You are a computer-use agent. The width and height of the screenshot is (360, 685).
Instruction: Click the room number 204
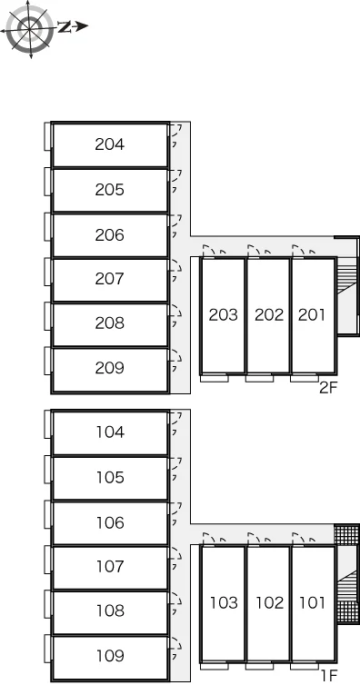click(x=109, y=144)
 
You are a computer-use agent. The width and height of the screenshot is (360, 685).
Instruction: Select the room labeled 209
click(x=109, y=368)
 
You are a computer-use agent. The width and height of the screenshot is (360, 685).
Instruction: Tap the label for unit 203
click(x=224, y=314)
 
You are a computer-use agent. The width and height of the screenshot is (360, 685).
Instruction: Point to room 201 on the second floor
click(x=312, y=314)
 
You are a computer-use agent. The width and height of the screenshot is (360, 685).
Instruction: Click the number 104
click(x=111, y=432)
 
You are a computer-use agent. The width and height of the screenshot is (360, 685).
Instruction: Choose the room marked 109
click(x=111, y=656)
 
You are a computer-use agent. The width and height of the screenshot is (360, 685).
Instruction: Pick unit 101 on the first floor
click(x=313, y=603)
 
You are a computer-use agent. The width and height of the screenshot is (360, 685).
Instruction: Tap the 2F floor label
click(x=328, y=388)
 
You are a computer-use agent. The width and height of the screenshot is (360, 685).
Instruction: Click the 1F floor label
click(x=329, y=676)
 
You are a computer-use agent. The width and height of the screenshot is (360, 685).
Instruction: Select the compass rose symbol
click(x=30, y=29)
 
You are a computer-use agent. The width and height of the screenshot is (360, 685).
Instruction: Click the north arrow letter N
click(x=65, y=27)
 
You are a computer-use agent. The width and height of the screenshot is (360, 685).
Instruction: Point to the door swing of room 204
click(x=176, y=130)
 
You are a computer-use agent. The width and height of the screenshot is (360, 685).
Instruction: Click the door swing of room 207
click(x=176, y=267)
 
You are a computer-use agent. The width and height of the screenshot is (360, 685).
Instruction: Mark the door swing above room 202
click(x=255, y=250)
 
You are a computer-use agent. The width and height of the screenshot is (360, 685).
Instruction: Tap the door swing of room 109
click(x=176, y=644)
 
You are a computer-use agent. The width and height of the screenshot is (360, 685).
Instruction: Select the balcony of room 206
click(x=48, y=227)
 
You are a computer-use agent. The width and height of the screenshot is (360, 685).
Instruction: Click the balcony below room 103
click(x=214, y=666)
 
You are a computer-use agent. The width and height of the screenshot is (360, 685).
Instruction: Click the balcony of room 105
click(x=48, y=470)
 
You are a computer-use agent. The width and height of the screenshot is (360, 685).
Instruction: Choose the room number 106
click(x=111, y=522)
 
